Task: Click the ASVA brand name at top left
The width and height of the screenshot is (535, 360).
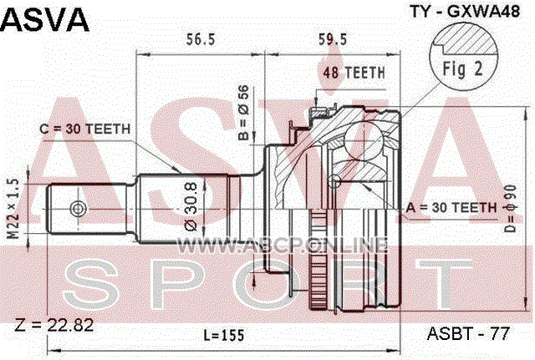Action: point(44,20)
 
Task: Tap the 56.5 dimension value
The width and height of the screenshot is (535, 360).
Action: point(201,39)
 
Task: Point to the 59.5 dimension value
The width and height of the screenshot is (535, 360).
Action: point(333,39)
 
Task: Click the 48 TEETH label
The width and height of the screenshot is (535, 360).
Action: point(354,73)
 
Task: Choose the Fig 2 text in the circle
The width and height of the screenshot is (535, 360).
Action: point(462,68)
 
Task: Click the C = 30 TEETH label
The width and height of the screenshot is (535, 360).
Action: point(85,129)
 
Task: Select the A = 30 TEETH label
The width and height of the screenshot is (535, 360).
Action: point(451,207)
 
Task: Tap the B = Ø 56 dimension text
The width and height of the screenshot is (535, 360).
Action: point(244,113)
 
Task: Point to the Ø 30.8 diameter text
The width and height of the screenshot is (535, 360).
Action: point(191,207)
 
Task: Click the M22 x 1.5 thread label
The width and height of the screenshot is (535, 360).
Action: point(14,208)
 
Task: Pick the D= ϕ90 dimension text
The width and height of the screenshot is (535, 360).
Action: point(511,209)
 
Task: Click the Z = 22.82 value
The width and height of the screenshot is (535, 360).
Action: point(54,325)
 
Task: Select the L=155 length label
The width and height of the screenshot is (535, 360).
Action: point(224,336)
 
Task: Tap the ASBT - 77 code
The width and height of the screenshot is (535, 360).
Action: point(468,333)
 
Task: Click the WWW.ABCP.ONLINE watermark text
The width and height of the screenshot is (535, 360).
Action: point(283,245)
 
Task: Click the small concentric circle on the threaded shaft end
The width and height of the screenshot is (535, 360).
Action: point(78,208)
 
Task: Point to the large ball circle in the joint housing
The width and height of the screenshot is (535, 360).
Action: point(363,140)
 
